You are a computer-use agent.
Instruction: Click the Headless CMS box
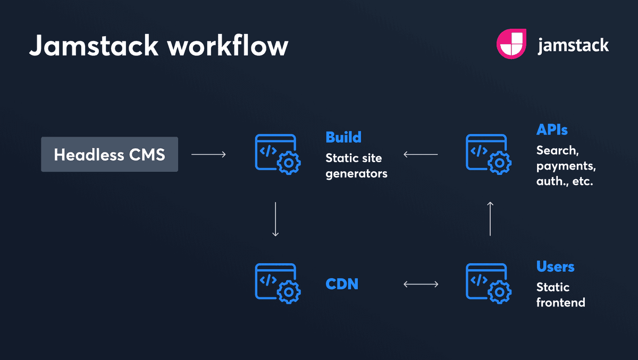[110, 155]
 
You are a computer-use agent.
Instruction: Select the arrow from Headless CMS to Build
[208, 155]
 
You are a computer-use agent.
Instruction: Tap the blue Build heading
[343, 137]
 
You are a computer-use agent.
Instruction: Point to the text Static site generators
[356, 166]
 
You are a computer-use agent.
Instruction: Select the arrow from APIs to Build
[421, 155]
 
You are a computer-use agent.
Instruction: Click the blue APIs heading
[552, 130]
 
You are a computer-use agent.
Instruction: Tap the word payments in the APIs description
[566, 166]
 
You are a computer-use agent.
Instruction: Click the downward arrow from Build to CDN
[275, 219]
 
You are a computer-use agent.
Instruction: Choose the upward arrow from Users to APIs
[490, 219]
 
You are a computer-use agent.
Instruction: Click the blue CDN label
[342, 284]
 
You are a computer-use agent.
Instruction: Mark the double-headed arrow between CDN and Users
[421, 284]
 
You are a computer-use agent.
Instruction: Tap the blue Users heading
[555, 266]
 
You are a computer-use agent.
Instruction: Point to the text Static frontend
[560, 295]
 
